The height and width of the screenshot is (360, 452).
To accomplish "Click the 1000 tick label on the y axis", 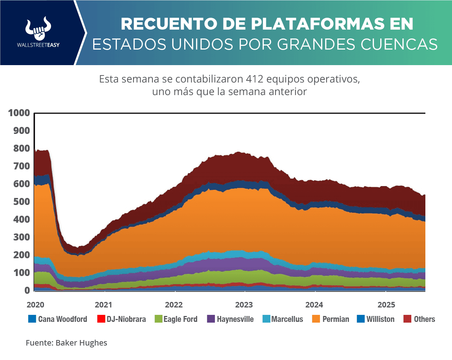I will click(18, 113).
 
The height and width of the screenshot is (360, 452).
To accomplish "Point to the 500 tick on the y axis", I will click(21, 202).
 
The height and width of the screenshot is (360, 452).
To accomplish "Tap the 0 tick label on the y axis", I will click(27, 290).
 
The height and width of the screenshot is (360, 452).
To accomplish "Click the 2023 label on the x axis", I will click(244, 305).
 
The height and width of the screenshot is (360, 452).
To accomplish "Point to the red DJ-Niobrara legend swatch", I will click(100, 319).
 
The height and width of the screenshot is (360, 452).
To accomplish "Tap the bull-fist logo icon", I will click(38, 28).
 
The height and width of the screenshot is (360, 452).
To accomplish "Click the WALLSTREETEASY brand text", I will click(38, 45).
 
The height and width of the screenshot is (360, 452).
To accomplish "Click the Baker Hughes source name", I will click(81, 343).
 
